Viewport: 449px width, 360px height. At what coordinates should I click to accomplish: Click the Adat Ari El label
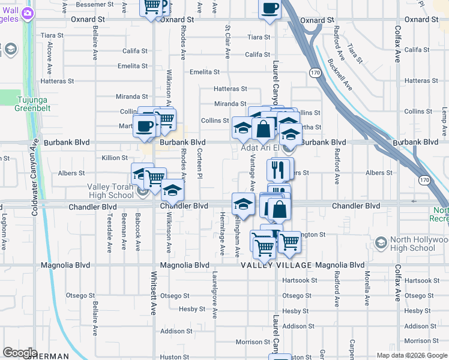coord(259,148)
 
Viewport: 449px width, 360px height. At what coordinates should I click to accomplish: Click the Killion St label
coord(115,158)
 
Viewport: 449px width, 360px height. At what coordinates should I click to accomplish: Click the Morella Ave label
coord(367,289)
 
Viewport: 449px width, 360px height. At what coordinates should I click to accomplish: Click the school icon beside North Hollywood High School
coord(381,243)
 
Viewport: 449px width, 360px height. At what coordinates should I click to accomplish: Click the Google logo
coord(20,353)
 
